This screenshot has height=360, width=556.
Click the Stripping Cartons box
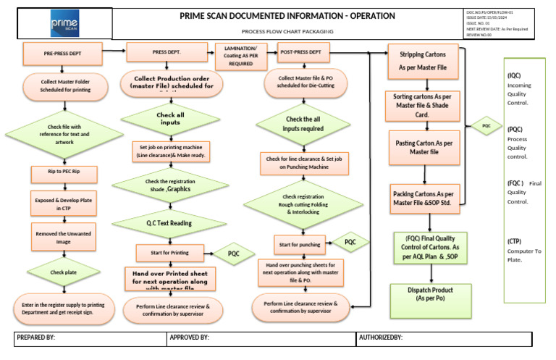click(426, 60)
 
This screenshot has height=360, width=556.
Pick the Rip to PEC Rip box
click(63, 175)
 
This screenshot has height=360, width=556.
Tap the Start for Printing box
click(169, 253)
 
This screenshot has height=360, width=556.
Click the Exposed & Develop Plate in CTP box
click(63, 204)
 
